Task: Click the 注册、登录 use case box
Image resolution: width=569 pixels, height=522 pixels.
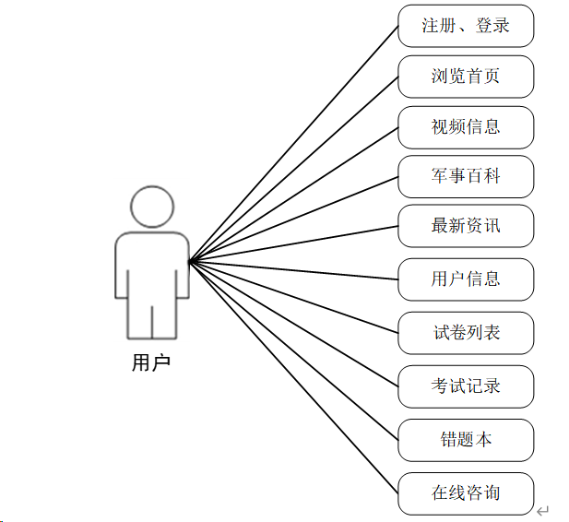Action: point(466,26)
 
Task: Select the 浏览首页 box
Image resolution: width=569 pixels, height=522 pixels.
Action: point(466,77)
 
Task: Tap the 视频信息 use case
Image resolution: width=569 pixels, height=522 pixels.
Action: point(466,127)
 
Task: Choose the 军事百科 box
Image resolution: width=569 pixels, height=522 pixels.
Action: point(466,176)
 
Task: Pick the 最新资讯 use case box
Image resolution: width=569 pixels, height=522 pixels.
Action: point(466,226)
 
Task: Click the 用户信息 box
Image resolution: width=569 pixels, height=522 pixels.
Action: point(466,279)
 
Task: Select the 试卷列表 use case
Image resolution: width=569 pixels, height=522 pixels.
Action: point(466,333)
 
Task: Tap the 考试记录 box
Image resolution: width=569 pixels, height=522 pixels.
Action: point(466,386)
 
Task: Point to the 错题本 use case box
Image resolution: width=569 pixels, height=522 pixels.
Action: point(466,440)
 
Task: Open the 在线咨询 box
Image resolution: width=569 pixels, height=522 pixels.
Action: point(466,493)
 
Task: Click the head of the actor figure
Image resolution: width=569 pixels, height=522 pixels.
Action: point(152,208)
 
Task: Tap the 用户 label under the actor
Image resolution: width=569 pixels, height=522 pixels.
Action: point(151,362)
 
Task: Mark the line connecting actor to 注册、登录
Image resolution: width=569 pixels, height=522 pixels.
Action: point(293,144)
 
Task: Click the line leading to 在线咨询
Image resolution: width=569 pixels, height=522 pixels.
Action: point(293,378)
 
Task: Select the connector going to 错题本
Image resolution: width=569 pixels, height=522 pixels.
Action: point(293,350)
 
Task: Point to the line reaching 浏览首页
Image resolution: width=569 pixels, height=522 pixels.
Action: point(293,170)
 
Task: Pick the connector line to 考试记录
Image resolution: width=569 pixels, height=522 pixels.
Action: point(293,324)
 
